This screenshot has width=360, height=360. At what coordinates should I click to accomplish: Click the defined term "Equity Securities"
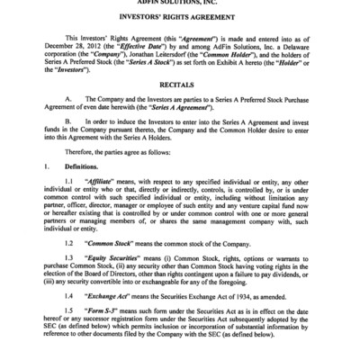pyautogui.click(x=122, y=283)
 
